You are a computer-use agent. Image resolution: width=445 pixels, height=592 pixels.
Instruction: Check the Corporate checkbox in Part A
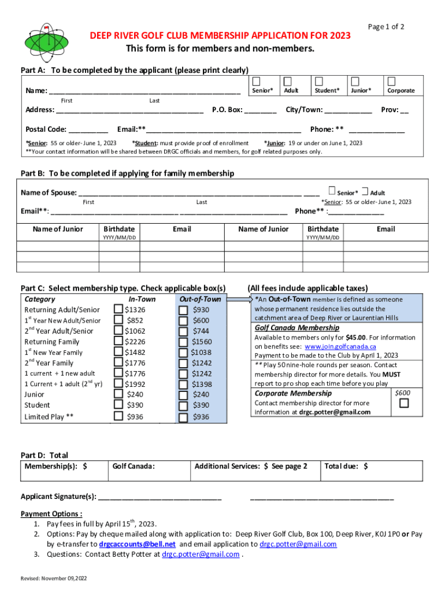coord(392,80)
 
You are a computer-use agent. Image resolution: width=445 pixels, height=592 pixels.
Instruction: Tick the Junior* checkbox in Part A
coord(355,80)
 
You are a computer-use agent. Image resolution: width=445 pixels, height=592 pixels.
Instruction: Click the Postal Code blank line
coord(88,130)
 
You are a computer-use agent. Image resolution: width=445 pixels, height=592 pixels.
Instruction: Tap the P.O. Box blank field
coord(261,110)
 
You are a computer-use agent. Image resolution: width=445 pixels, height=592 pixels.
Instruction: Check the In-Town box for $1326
coord(118,310)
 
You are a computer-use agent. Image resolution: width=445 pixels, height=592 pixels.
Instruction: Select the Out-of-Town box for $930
coord(183,310)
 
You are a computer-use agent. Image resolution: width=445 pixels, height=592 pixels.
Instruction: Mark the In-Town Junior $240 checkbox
coord(118,394)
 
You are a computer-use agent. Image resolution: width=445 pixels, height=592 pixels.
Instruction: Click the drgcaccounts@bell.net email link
coord(137,544)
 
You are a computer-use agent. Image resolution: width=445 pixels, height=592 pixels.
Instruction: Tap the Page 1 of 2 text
coord(385,27)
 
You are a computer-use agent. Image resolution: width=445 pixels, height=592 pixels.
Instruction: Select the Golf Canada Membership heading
coord(297,328)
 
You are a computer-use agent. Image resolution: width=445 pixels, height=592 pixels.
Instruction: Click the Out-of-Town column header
coord(200,299)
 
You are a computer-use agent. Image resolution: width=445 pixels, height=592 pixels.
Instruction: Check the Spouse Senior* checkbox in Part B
coord(331,190)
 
